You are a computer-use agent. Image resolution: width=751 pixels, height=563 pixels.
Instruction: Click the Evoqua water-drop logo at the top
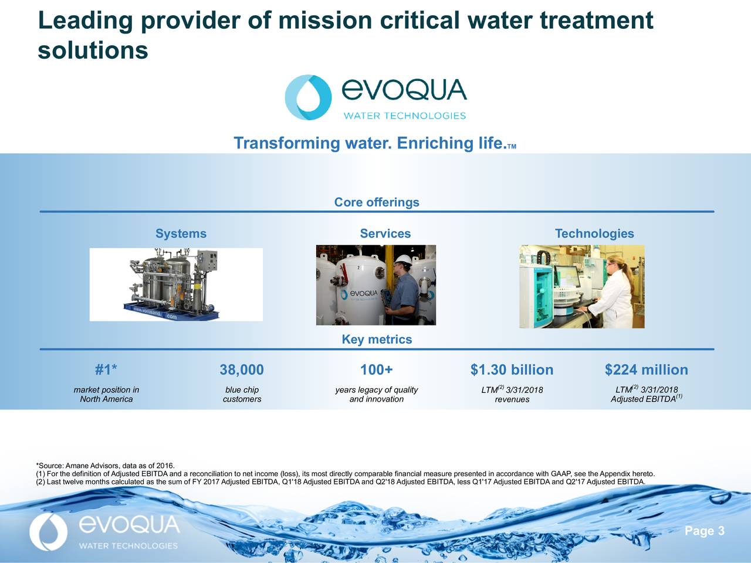[308, 97]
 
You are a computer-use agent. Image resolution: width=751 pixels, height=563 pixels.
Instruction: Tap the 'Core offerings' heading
[377, 202]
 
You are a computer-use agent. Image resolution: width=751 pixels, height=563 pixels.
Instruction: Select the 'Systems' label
[181, 234]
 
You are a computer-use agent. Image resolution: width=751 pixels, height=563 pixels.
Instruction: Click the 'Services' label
[385, 234]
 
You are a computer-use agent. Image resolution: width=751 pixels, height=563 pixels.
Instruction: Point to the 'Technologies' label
[594, 234]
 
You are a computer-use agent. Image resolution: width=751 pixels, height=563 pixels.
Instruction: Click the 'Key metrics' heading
[377, 340]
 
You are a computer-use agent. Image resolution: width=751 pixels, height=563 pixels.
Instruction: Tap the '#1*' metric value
[106, 370]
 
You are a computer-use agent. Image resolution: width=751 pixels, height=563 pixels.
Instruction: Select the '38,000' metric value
[242, 370]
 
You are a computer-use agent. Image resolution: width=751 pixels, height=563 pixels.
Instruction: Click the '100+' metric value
[377, 370]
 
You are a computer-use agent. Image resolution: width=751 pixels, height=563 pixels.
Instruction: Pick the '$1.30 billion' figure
[512, 370]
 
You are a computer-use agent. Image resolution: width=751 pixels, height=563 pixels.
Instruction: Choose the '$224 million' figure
[646, 370]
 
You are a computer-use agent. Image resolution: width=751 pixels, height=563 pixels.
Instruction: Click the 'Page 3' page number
[705, 531]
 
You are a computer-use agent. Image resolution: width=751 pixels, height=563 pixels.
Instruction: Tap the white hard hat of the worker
[402, 260]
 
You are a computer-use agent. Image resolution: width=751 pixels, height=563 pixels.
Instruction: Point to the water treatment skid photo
[175, 284]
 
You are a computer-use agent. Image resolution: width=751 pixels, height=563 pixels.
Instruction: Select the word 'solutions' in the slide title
[93, 50]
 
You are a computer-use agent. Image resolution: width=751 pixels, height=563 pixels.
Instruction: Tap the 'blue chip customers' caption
[242, 395]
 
